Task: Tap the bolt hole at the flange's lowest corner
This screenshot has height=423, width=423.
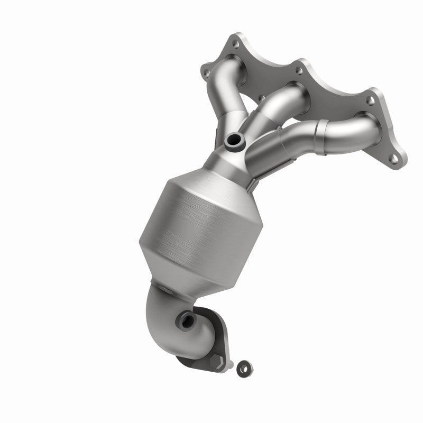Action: (x=393, y=157)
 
